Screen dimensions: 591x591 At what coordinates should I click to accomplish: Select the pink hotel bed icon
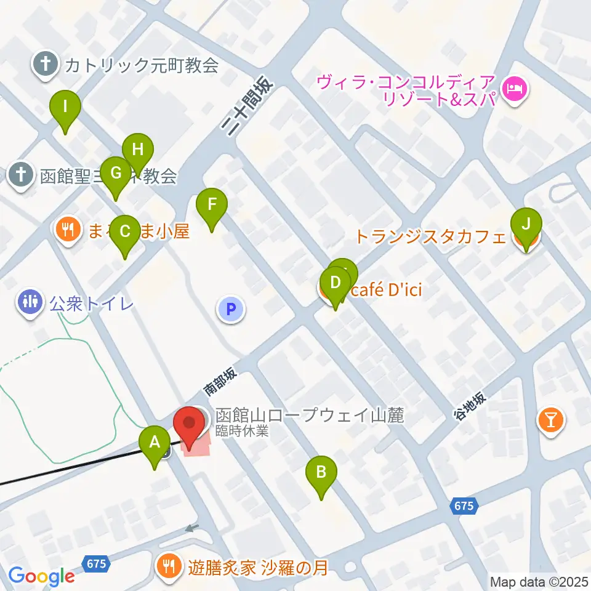coord(513,89)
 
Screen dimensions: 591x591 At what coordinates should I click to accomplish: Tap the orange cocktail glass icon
coord(550,421)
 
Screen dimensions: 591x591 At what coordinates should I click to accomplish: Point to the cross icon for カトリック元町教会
coord(45,64)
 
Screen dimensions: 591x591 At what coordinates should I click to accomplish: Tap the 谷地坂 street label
coord(470,406)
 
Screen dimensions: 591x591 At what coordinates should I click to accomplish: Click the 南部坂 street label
coord(220,382)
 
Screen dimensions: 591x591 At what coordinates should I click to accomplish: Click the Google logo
coord(41,576)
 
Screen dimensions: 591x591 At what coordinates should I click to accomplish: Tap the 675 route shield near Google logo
coord(97,563)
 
